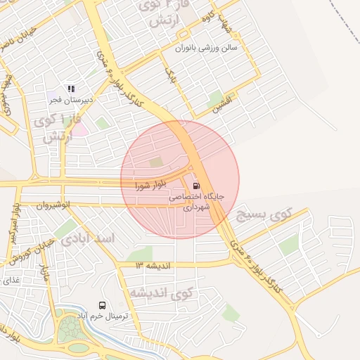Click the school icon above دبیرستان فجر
tap(70, 89)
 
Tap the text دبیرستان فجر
tap(71, 100)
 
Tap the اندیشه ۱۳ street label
tap(154, 265)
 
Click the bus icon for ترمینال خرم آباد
tap(103, 306)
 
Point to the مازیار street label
tap(44, 270)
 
